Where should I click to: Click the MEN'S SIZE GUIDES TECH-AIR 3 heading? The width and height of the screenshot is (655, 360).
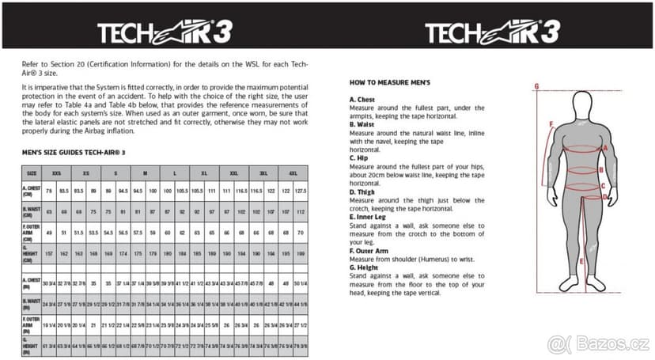coord(74,151)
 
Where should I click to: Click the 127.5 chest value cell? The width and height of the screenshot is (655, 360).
coord(301,191)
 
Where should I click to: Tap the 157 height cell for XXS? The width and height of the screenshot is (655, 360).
coord(48,252)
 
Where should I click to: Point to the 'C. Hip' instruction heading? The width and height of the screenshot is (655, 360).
coord(361,157)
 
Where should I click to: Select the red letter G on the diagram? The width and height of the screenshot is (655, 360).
coord(536,85)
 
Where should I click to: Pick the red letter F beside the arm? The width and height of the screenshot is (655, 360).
coord(551,123)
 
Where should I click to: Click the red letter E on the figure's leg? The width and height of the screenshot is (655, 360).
coord(581,261)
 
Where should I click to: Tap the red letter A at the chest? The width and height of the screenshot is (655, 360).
coord(605,147)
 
